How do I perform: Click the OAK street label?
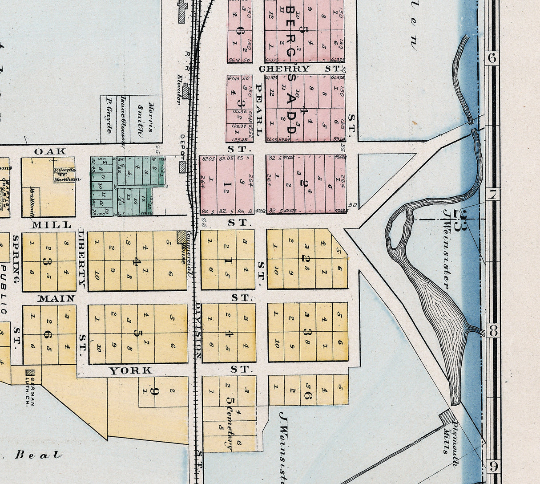click(x=50, y=151)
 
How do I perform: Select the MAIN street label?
click(x=56, y=298)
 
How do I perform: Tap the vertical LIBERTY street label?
click(x=82, y=257)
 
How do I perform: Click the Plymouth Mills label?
click(x=451, y=437)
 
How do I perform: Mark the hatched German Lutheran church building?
click(x=30, y=372)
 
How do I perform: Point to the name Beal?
click(x=38, y=455)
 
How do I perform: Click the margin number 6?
click(x=492, y=58)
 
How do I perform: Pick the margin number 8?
click(x=492, y=332)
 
